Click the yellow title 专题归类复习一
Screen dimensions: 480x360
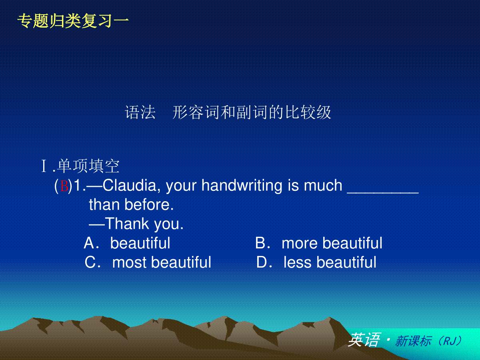pyautogui.click(x=73, y=21)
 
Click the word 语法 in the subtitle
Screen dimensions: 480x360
pyautogui.click(x=140, y=112)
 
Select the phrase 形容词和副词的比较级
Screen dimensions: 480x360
pyautogui.click(x=252, y=112)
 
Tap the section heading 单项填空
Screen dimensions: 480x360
pyautogui.click(x=88, y=166)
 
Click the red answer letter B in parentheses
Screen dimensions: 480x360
pyautogui.click(x=64, y=186)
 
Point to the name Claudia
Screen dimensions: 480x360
pyautogui.click(x=130, y=186)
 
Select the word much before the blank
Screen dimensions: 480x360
pyautogui.click(x=323, y=186)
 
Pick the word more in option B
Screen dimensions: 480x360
pyautogui.click(x=300, y=244)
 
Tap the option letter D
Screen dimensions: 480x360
pyautogui.click(x=261, y=262)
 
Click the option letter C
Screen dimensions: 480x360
pyautogui.click(x=90, y=262)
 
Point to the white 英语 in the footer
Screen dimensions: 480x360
pyautogui.click(x=364, y=340)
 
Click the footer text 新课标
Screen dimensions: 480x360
pyautogui.click(x=413, y=341)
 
